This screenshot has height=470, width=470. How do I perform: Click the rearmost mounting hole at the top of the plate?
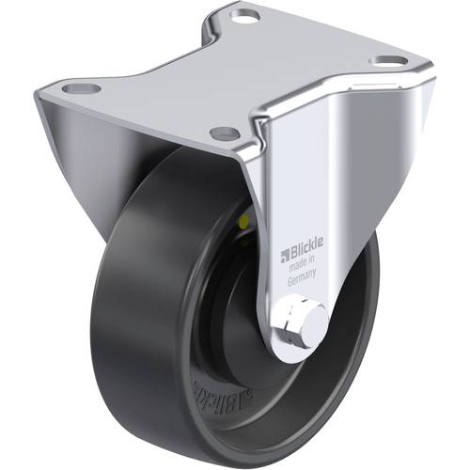(x=245, y=16)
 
